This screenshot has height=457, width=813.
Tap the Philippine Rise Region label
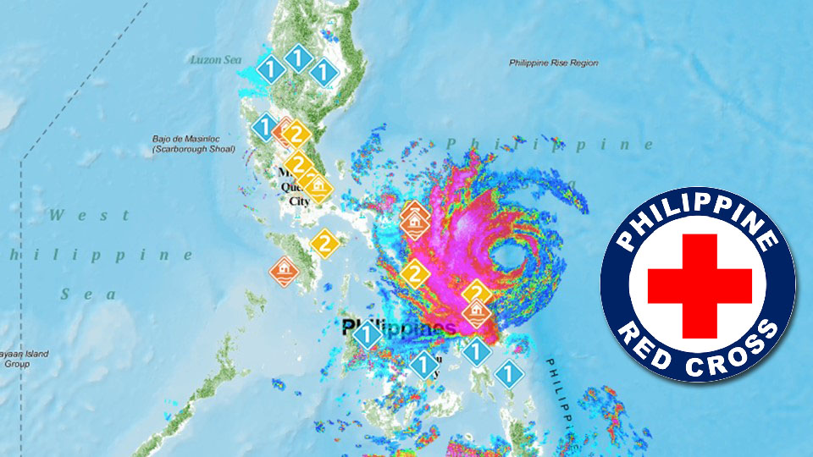554,63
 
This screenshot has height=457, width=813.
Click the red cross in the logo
700,284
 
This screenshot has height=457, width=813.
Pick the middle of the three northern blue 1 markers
296,59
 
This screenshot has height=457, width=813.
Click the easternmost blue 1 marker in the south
506,373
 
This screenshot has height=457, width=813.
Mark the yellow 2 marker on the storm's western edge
414,273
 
